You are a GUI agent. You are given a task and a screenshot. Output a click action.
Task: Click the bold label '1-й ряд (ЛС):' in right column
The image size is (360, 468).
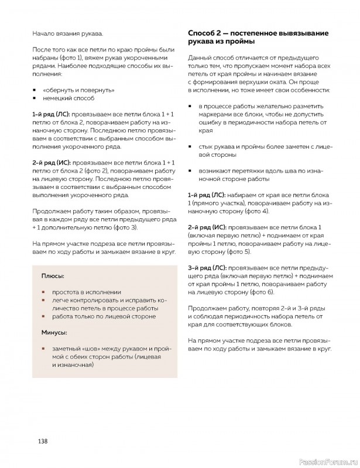point(207,193)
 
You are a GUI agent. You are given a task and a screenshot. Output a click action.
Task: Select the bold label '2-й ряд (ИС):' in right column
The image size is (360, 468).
point(208,226)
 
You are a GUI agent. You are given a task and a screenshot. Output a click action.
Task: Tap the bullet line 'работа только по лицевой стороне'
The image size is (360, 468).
point(103,316)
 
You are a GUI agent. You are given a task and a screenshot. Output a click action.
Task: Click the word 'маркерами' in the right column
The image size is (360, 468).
point(215,115)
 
